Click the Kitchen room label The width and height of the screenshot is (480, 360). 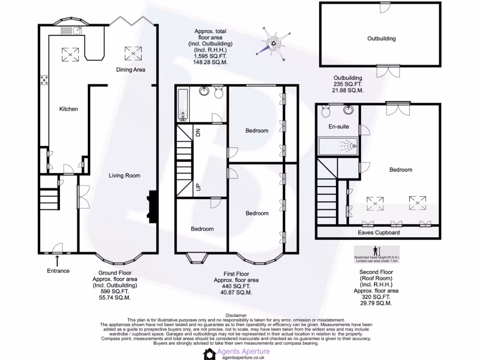(68, 109)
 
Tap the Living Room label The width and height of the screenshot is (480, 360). (124, 176)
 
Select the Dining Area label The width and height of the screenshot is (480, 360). (131, 70)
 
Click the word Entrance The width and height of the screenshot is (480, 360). (58, 271)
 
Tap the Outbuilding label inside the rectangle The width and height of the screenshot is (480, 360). (381, 39)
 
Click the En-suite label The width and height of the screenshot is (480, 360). (338, 127)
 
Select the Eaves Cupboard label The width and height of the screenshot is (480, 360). (379, 232)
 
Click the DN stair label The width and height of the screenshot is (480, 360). (198, 132)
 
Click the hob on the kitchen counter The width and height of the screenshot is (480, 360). (44, 80)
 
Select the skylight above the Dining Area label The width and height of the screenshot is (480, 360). (133, 54)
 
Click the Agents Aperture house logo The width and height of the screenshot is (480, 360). (209, 353)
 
